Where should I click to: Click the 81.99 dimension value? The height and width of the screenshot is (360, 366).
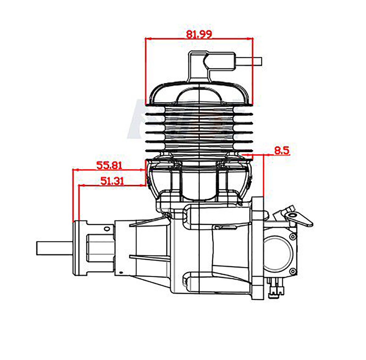[x=199, y=34]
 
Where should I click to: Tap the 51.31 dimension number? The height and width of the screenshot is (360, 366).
[x=112, y=181]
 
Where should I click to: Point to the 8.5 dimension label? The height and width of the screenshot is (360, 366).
[x=282, y=151]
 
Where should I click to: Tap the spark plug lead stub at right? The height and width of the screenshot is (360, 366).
[x=249, y=61]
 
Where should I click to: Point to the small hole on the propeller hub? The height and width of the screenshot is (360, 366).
[x=107, y=228]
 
